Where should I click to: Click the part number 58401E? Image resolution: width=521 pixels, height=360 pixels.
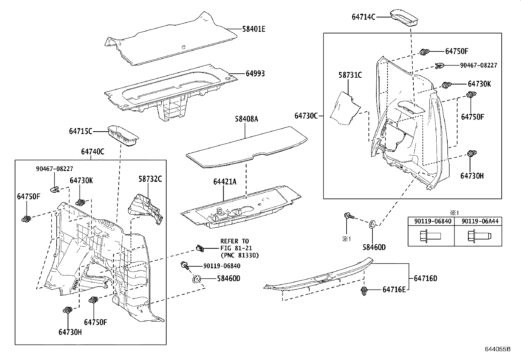(254, 29)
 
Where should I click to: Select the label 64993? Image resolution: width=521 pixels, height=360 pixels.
(255, 74)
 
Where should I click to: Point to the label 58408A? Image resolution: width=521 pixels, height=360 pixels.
(246, 119)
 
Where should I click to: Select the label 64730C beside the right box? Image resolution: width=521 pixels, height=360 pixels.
(306, 116)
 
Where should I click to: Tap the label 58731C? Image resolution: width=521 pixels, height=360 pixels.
(350, 75)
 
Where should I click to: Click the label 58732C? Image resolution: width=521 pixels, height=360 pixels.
(150, 179)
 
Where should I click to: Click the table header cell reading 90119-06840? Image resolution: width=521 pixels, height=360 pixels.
(431, 221)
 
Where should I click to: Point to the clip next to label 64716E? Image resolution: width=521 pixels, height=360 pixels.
(364, 291)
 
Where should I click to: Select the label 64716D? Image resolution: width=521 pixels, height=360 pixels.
(425, 279)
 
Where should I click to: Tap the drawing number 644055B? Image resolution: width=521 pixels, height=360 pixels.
(497, 349)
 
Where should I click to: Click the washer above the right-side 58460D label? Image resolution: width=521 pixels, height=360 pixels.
(372, 224)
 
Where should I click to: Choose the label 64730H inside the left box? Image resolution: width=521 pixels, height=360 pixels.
(70, 332)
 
